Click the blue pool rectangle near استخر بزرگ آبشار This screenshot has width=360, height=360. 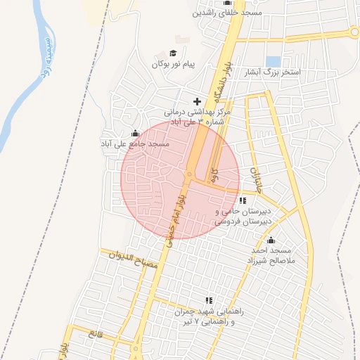[274, 61]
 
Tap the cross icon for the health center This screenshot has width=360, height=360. [197, 102]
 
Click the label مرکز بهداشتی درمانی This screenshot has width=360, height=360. [198, 112]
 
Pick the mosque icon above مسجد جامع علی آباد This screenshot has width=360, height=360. [135, 134]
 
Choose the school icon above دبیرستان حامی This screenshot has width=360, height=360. [243, 201]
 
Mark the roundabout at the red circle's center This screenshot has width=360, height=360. [188, 174]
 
